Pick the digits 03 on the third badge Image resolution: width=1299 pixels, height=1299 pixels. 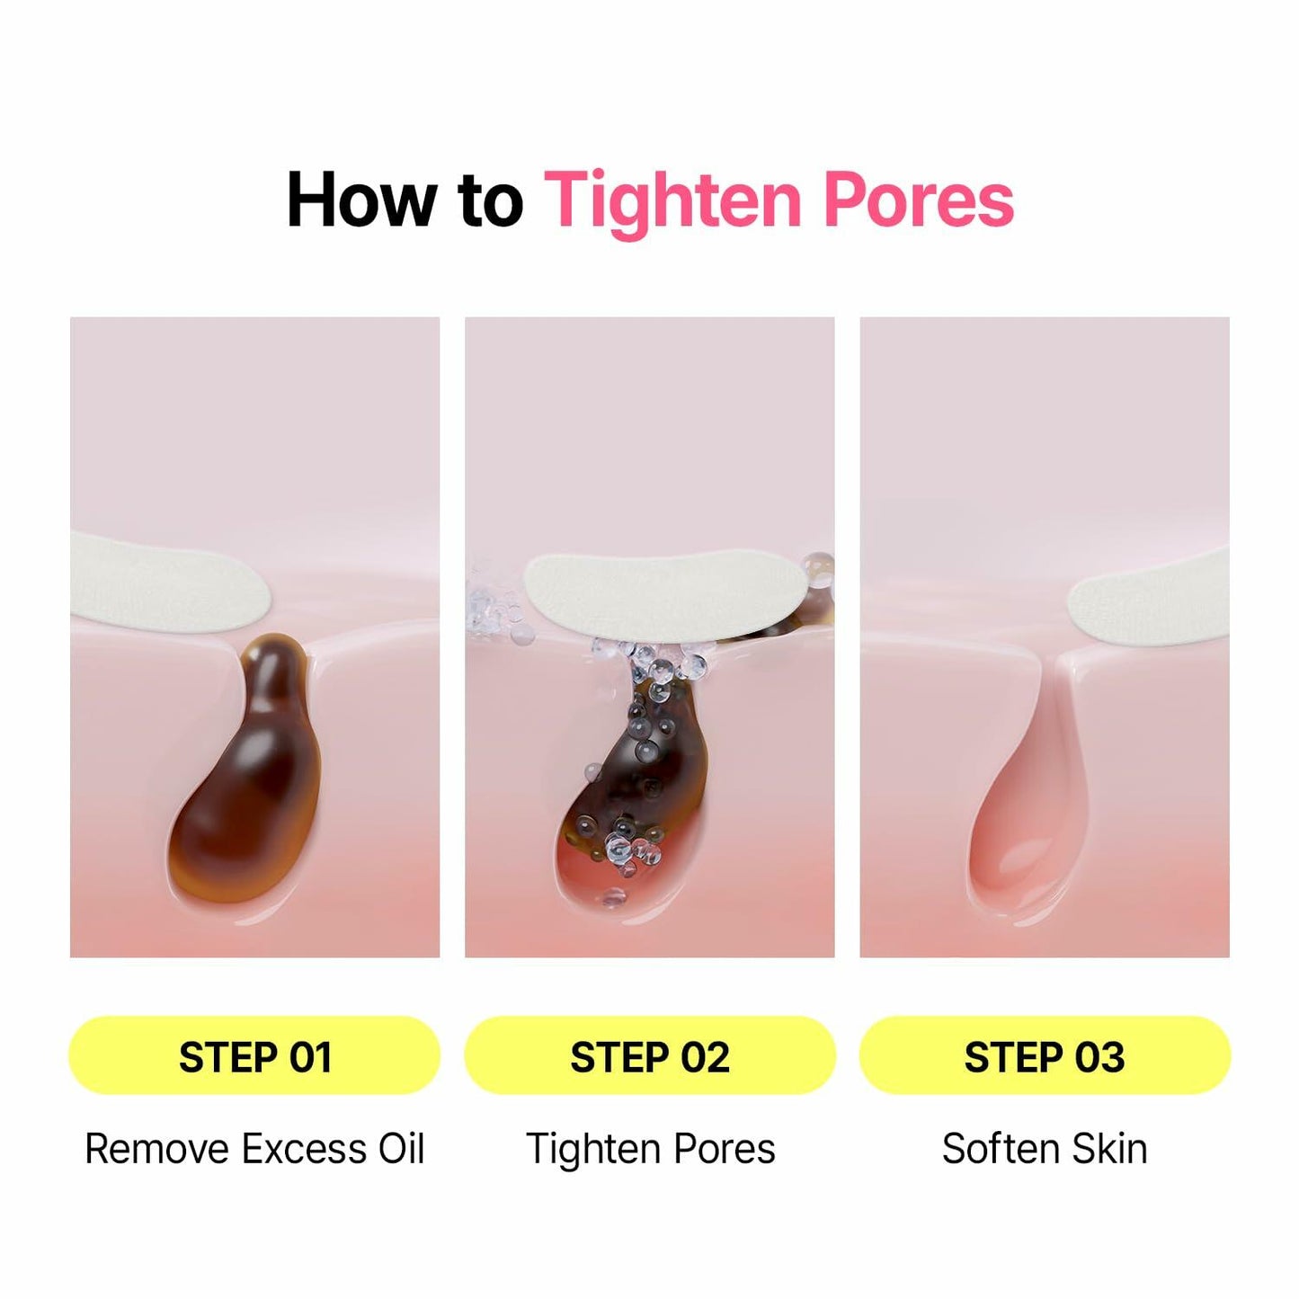1100,1056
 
